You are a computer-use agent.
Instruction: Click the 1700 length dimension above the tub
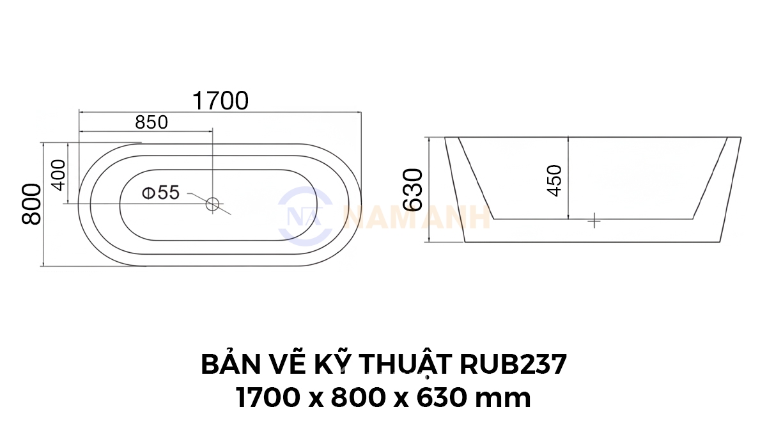[x=221, y=101]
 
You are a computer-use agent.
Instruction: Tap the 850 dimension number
[x=151, y=122]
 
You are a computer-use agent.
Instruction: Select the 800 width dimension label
[x=31, y=204]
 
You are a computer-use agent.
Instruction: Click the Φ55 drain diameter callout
[x=160, y=193]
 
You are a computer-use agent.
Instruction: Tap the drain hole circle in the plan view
[x=212, y=204]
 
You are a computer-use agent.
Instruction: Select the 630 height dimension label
[x=413, y=189]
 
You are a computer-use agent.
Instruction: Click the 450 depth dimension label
[x=554, y=180]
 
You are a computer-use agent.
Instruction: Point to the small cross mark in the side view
[x=594, y=221]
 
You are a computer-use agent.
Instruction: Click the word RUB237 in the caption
[x=513, y=364]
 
